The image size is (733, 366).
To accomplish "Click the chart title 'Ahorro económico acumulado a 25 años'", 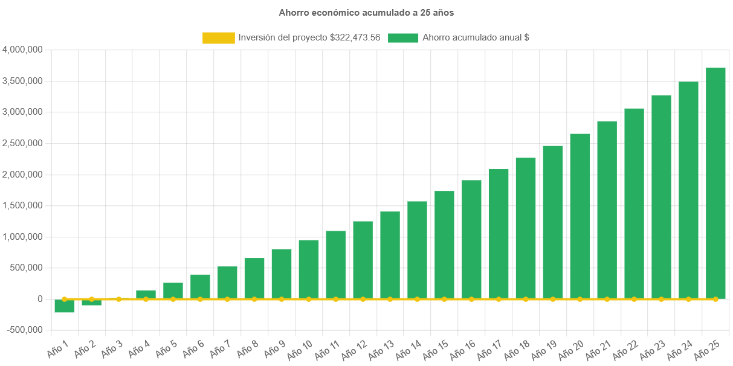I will (x=366, y=12).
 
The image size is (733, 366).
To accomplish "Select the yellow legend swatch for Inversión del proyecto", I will (x=218, y=38).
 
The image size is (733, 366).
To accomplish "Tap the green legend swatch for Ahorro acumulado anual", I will (x=403, y=38).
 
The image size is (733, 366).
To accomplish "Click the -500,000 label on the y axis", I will (x=24, y=330).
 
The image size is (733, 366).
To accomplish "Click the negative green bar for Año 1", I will (x=65, y=306).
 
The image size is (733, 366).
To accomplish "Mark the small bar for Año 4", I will (x=146, y=294).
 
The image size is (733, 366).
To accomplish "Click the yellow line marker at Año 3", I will (x=118, y=299).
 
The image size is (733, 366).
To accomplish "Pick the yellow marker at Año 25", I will (x=715, y=299).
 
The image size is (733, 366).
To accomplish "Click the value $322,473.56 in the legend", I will (x=355, y=37).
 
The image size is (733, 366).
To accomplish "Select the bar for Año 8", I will (x=254, y=278).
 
